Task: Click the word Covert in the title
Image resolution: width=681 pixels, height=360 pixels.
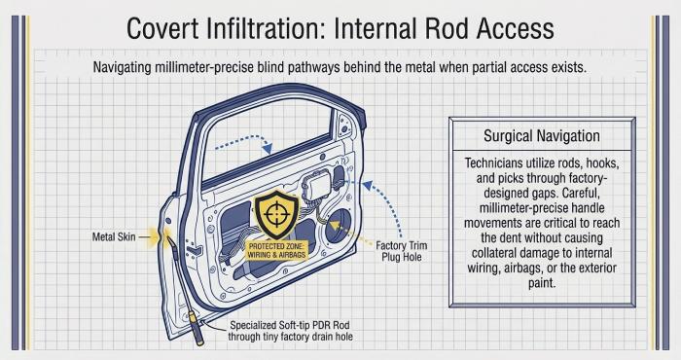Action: click(162, 28)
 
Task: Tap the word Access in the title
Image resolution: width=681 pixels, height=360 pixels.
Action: click(515, 28)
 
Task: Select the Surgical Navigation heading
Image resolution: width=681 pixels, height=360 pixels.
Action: click(542, 136)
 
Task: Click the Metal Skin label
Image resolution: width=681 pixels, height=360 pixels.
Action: click(114, 237)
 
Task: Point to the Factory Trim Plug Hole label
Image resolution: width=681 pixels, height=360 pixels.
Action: click(401, 251)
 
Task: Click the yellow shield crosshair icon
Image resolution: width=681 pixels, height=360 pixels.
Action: click(275, 214)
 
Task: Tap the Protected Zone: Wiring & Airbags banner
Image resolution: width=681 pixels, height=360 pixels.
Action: click(276, 251)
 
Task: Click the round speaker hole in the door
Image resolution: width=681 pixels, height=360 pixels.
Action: click(338, 226)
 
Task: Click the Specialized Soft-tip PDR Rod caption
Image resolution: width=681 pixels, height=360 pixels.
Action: click(290, 331)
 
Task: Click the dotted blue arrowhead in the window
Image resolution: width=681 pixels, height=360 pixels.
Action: click(268, 149)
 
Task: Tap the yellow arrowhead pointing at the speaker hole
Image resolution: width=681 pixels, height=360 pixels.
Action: click(334, 226)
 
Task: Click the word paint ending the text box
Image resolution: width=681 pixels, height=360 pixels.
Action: click(542, 283)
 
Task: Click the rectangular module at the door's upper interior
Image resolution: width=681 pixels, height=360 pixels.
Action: click(317, 185)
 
